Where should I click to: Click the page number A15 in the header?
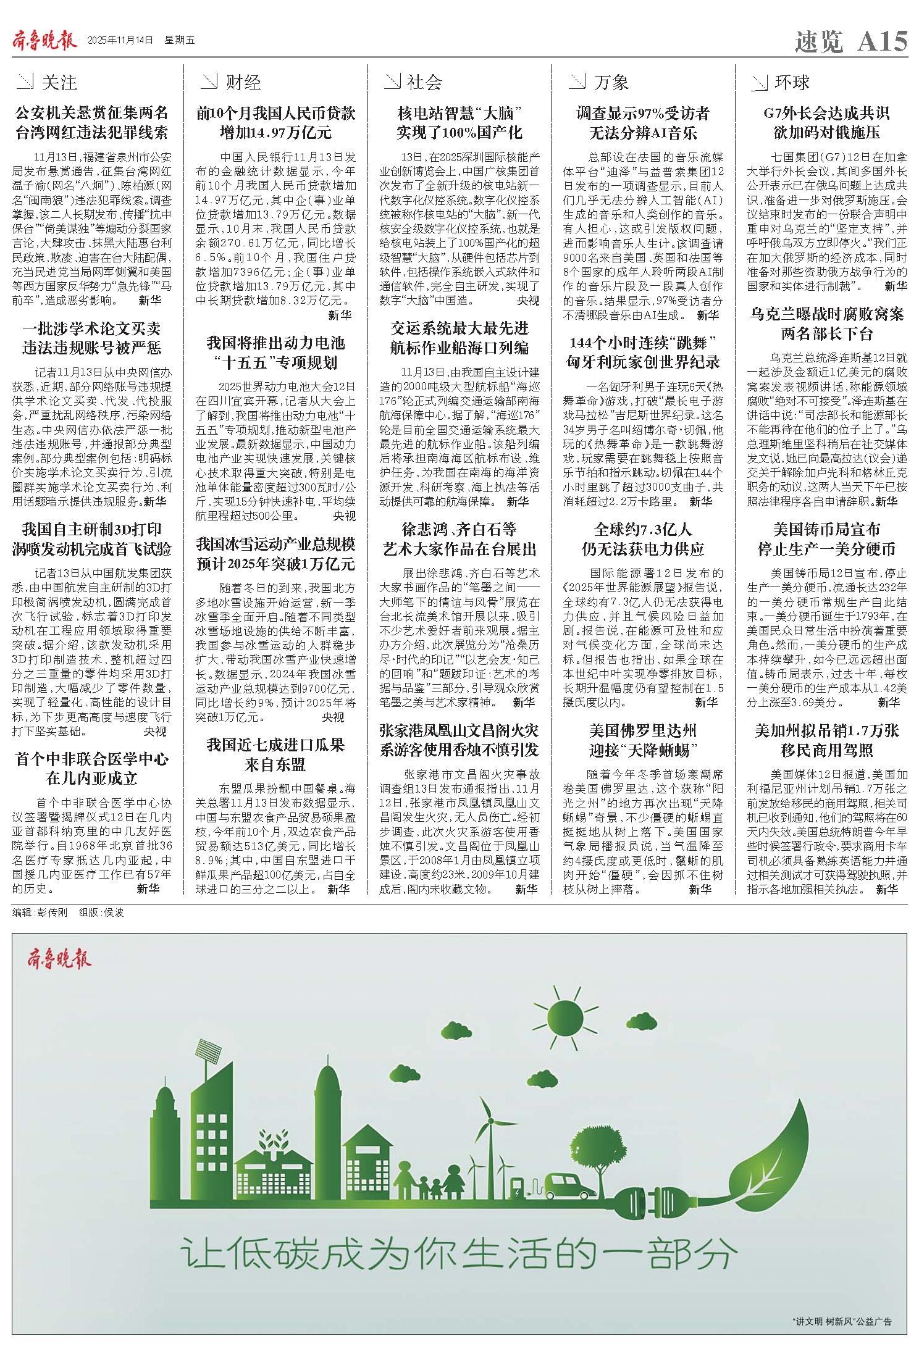[x=883, y=42]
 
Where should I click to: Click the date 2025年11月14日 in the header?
[x=120, y=41]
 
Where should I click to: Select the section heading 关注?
[x=59, y=82]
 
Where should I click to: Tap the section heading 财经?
[x=243, y=82]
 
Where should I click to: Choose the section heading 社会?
[x=425, y=82]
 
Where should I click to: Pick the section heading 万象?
[x=611, y=82]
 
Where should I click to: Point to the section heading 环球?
[x=792, y=82]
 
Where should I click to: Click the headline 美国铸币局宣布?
[x=826, y=530]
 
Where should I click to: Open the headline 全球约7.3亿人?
[x=643, y=530]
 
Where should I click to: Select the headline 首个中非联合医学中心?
[x=92, y=759]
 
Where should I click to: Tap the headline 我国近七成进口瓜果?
[x=275, y=745]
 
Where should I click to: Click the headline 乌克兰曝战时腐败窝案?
[x=826, y=314]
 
